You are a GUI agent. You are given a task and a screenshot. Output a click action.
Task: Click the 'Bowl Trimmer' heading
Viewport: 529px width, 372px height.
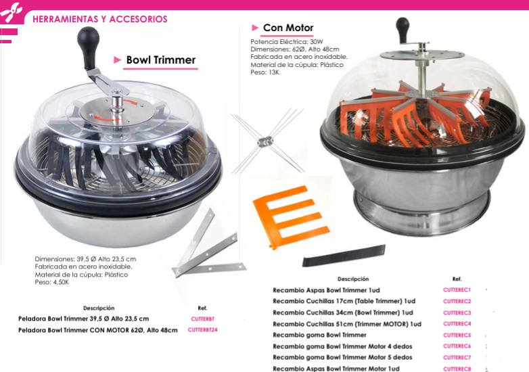[x=160, y=60]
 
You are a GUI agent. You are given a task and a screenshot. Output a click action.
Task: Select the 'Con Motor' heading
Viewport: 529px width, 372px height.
[x=287, y=28]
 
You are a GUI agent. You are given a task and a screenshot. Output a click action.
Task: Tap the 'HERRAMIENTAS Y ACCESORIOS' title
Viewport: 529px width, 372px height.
[x=99, y=19]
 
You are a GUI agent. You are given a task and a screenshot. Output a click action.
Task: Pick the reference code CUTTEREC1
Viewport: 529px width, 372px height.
[x=457, y=289]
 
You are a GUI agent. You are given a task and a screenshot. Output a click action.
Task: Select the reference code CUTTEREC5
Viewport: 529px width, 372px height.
[x=457, y=335]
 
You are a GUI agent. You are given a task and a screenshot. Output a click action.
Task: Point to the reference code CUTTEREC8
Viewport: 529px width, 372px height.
[x=457, y=369]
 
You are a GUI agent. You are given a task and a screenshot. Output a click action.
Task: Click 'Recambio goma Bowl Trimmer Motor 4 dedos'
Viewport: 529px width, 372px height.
[x=342, y=346]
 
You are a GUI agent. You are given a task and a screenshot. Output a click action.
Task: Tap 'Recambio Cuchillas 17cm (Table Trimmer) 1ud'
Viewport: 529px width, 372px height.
[x=344, y=301]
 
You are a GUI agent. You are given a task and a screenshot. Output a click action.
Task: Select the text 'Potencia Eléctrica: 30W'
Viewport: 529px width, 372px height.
[x=287, y=42]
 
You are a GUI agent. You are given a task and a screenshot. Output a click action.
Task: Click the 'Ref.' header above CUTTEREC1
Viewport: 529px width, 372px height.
[x=457, y=279]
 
